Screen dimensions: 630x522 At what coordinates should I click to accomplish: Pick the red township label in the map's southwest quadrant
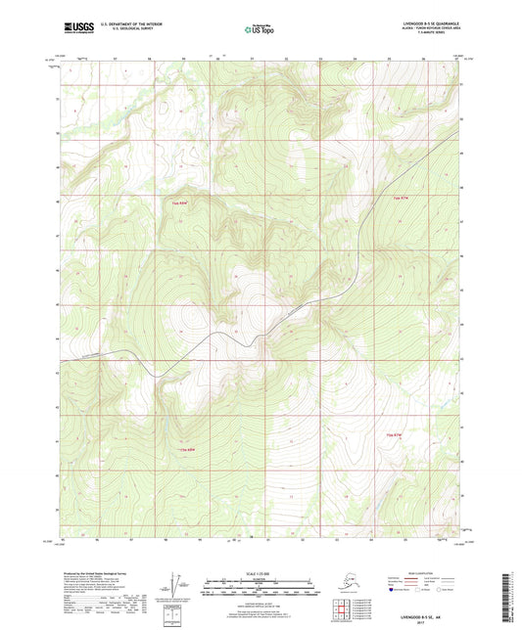(x=179, y=449)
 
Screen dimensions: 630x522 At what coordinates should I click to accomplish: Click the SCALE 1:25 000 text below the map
(x=261, y=573)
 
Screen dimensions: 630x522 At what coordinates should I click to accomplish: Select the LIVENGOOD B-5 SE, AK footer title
(x=418, y=615)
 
